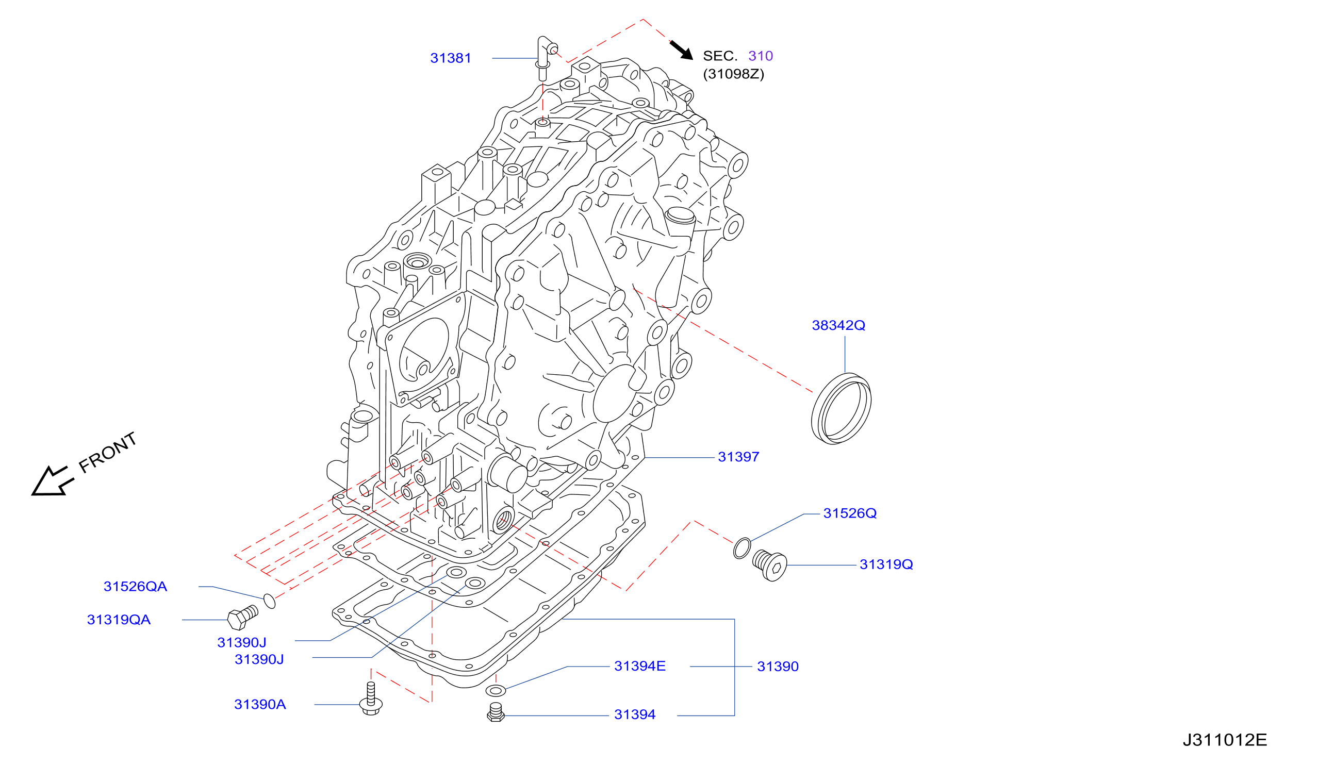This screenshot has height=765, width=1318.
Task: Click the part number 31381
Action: click(450, 58)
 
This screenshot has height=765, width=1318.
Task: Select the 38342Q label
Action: click(838, 325)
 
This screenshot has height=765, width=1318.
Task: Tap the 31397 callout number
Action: click(738, 457)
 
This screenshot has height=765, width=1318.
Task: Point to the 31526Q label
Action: click(850, 513)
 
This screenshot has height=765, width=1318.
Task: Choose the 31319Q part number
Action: click(886, 564)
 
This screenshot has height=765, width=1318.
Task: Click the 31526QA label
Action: click(136, 586)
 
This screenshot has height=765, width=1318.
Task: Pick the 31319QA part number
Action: click(119, 620)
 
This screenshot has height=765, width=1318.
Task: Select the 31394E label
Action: click(639, 666)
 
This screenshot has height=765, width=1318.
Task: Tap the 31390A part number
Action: click(260, 704)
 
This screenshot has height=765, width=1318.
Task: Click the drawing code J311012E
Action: click(1225, 740)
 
